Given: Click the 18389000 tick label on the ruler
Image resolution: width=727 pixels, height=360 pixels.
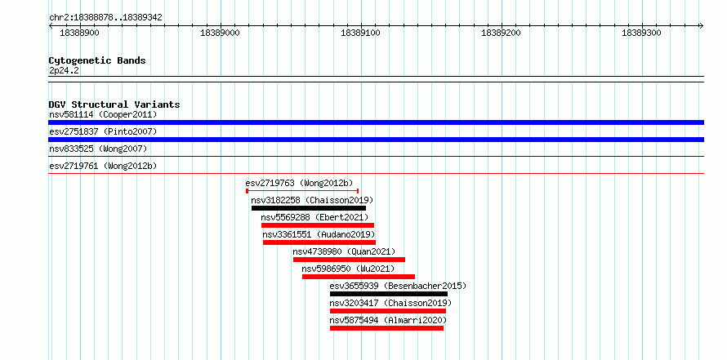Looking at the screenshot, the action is [x=221, y=33].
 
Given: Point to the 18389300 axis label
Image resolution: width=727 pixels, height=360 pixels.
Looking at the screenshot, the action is [x=641, y=33].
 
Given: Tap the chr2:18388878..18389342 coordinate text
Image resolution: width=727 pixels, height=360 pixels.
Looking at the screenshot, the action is [x=105, y=18].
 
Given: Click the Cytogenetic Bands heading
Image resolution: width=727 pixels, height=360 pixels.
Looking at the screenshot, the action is [x=97, y=60].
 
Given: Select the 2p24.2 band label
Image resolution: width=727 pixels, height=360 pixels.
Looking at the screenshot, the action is [x=64, y=70].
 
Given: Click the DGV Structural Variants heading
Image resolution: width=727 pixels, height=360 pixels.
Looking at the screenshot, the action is [x=114, y=104].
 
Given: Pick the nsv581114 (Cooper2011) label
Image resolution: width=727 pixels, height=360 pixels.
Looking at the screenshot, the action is [x=103, y=114].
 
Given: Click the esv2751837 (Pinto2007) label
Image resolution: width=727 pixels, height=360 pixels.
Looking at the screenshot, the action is [x=103, y=131].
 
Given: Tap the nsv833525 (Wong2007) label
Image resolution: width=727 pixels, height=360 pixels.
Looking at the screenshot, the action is [x=98, y=149].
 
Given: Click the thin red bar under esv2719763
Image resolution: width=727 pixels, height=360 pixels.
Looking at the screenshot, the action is [x=302, y=191].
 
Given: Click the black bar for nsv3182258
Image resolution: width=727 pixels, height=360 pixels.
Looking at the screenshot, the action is [x=309, y=208].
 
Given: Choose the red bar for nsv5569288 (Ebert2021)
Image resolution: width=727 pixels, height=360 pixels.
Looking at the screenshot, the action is [x=318, y=225].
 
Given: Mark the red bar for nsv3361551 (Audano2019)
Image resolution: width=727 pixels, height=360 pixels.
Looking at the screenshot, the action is [x=319, y=242].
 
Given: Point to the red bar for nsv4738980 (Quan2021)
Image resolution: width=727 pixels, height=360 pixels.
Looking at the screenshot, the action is [x=349, y=260].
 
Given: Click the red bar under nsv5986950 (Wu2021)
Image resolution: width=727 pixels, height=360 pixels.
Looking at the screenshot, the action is [x=359, y=277].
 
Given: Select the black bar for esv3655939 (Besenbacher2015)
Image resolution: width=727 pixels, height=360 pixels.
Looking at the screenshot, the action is [x=389, y=294].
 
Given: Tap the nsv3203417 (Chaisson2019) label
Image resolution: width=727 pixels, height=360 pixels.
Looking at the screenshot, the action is [x=390, y=303].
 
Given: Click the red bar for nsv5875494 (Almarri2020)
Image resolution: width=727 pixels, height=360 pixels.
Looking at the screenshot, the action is [x=386, y=328].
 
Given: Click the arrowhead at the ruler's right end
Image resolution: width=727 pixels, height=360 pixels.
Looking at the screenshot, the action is [x=702, y=26].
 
